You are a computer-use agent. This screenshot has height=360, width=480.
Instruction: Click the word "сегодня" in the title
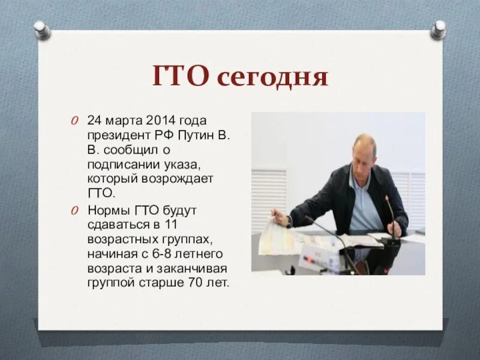click(x=273, y=77)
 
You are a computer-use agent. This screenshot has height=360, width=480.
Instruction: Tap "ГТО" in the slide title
click(x=182, y=77)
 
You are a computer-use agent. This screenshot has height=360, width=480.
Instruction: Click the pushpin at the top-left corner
click(x=41, y=29)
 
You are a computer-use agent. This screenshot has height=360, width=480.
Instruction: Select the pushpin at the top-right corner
click(x=439, y=29)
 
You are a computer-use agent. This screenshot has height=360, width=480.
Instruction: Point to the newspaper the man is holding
click(x=280, y=237)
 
